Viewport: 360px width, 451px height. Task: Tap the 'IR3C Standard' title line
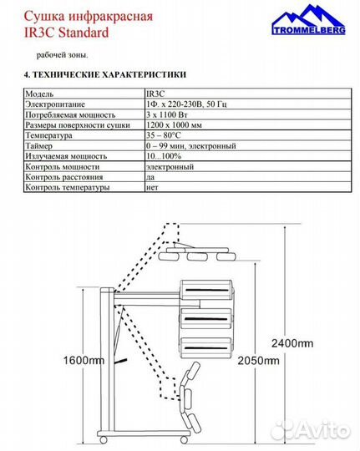click(x=67, y=33)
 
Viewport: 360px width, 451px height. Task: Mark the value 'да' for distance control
click(x=150, y=177)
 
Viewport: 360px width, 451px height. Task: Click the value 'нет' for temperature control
click(x=152, y=187)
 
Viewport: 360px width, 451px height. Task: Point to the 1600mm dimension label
click(x=84, y=361)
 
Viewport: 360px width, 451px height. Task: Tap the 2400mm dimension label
click(x=292, y=342)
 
